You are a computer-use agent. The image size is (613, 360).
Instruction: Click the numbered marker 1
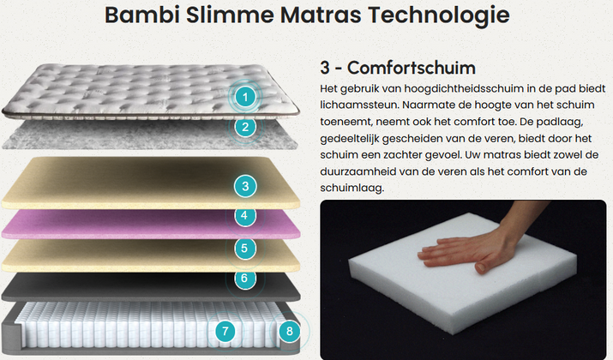coord(245,97)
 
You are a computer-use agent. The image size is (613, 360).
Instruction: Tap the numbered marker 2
coord(245,127)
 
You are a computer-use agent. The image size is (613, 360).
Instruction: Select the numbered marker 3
coord(245,186)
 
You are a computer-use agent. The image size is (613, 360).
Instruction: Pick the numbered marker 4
coord(244,216)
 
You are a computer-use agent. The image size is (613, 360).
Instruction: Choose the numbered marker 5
coord(244,249)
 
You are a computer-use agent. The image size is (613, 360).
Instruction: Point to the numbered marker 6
coord(244,279)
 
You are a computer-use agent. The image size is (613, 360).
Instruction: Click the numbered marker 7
coord(225,332)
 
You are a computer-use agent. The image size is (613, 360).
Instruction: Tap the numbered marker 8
coord(289,332)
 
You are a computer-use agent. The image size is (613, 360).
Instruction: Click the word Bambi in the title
coord(142,15)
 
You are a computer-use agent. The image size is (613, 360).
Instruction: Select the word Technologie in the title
coord(439,15)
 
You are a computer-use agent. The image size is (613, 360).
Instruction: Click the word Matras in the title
coord(321,15)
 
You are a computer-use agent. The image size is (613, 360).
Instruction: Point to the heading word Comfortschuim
coord(412,68)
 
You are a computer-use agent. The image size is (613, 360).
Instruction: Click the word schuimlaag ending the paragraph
coord(352,188)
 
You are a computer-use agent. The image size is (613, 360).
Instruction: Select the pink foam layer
coord(151,225)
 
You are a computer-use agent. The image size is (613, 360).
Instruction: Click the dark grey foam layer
coord(151,287)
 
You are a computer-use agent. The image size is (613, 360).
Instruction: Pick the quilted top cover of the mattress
coord(151,91)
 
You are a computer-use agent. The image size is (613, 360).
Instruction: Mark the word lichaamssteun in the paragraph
coord(359,105)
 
